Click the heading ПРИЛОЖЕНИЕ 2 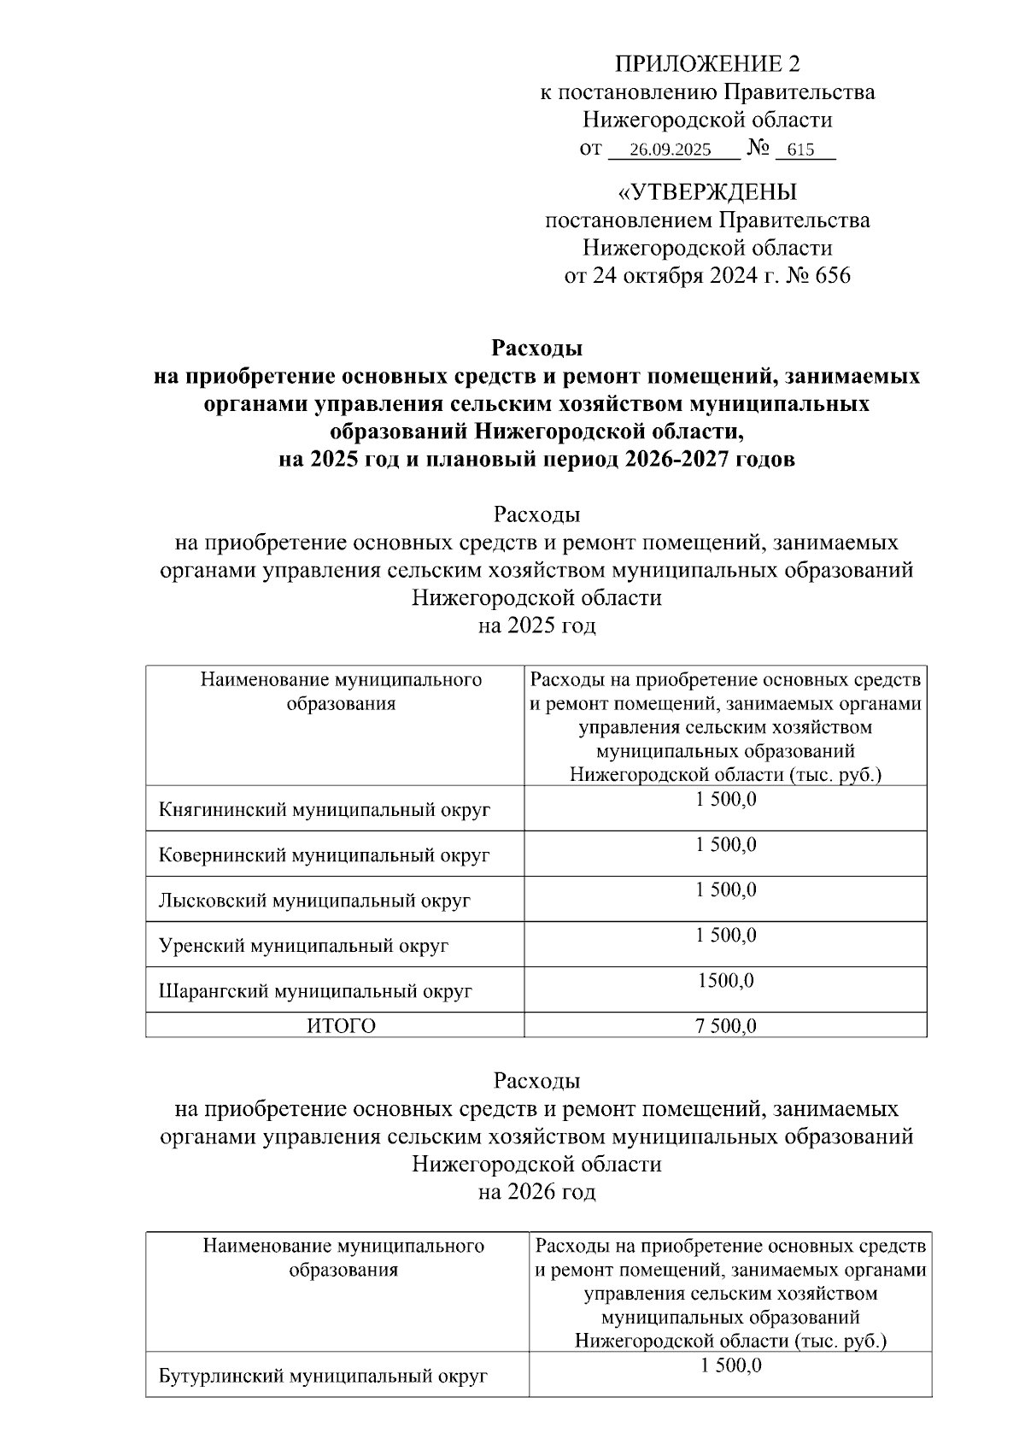click(707, 64)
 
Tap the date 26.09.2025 click(670, 150)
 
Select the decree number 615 click(800, 150)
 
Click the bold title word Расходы click(536, 348)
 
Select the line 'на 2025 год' click(536, 625)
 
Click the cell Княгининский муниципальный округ click(325, 810)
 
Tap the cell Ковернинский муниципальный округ click(325, 855)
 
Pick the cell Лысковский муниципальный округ click(314, 901)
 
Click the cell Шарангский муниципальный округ click(315, 991)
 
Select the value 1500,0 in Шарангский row click(725, 981)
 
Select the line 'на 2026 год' click(536, 1191)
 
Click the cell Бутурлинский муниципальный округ click(323, 1377)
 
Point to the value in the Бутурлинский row click(730, 1366)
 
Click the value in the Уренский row click(725, 936)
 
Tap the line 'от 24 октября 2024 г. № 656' click(707, 276)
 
